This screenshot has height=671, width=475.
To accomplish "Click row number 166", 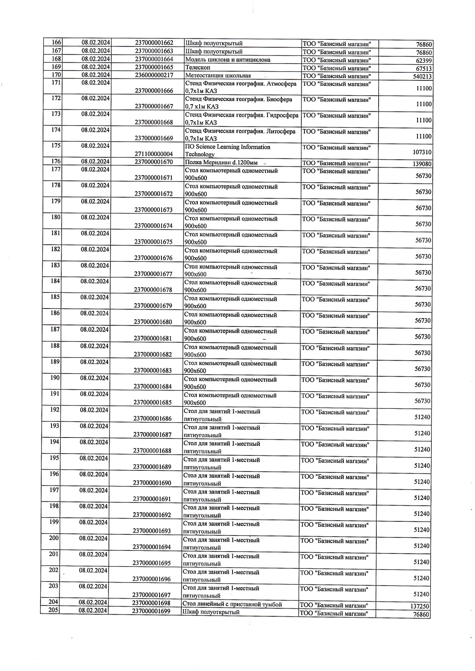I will point(56,42).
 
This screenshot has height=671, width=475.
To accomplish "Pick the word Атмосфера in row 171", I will point(283,83).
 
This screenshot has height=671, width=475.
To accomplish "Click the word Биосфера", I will point(280,99).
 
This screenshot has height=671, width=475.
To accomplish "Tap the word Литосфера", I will point(281,131).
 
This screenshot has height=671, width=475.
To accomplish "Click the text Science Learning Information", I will point(233,147).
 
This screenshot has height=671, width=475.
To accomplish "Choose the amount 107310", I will point(422,152).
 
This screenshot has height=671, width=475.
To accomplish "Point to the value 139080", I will point(422,164).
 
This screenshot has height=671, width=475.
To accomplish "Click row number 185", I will point(55,297).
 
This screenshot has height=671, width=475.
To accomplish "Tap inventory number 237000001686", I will point(152,418).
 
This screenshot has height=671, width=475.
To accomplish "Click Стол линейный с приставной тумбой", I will point(232,604).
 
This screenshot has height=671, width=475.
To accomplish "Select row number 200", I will point(54,538).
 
